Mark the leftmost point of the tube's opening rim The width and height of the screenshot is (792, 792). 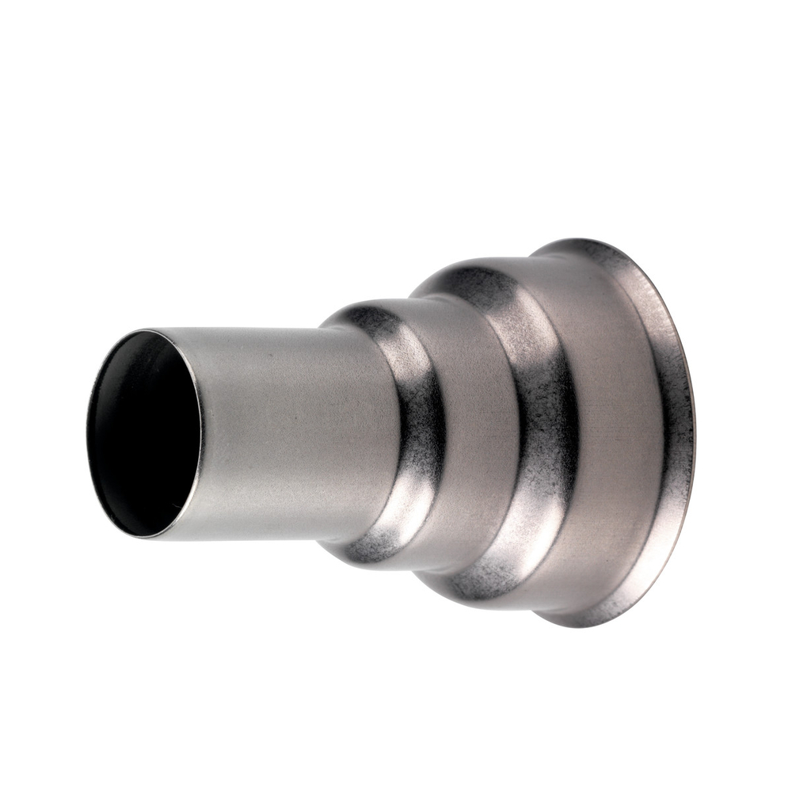(x=87, y=432)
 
